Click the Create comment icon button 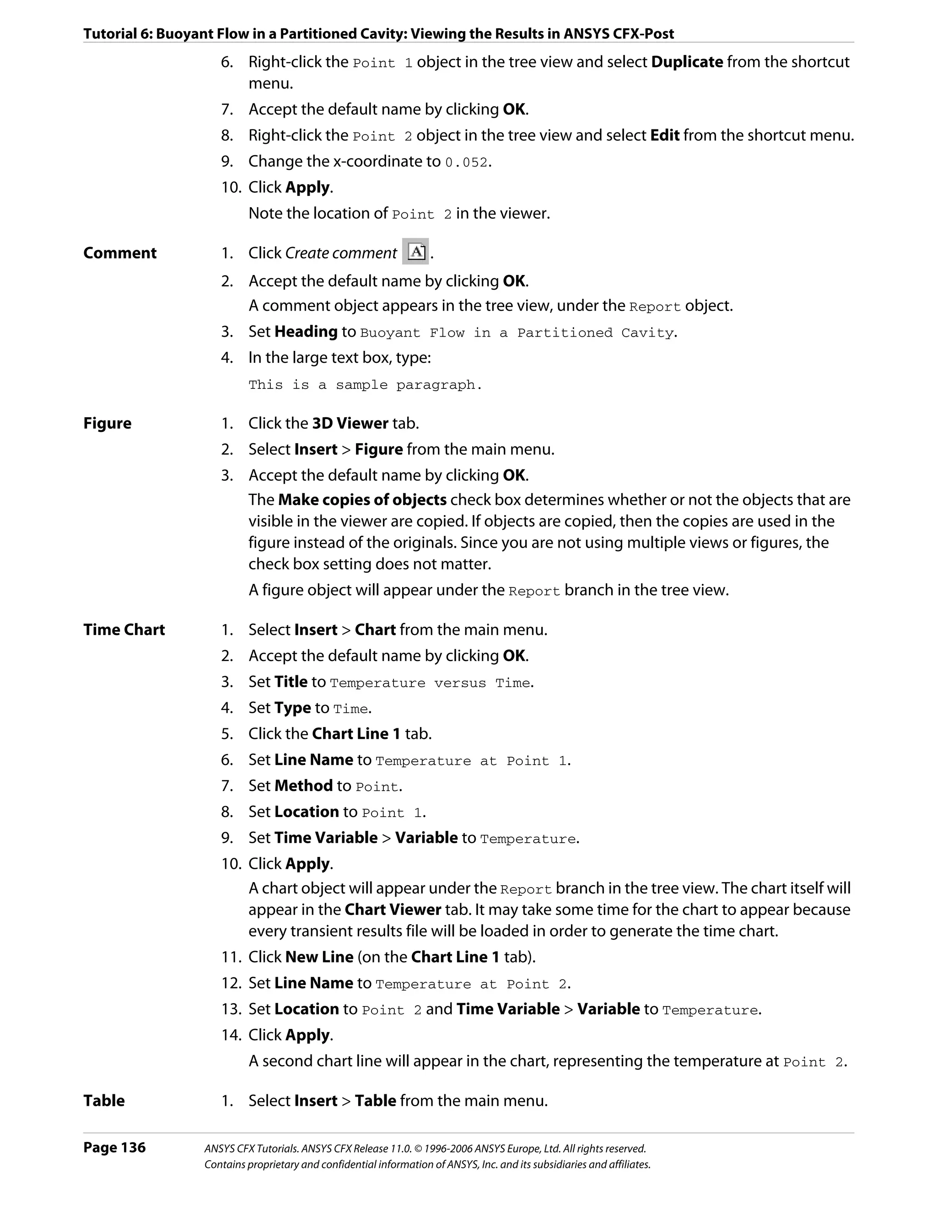[x=416, y=252]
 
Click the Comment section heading [x=120, y=253]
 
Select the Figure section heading [x=107, y=423]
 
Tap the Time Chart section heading [x=124, y=630]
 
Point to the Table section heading [x=104, y=1101]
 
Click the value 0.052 [x=467, y=162]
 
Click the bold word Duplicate [x=687, y=62]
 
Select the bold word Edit [x=665, y=135]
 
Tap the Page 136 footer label [x=114, y=1147]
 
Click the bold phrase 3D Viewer [x=350, y=423]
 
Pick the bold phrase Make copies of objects [x=362, y=500]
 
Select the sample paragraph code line [x=365, y=385]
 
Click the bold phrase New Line [x=319, y=957]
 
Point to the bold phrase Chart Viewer [x=393, y=910]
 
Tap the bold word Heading [x=306, y=332]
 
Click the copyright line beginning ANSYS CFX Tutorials [x=425, y=1148]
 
